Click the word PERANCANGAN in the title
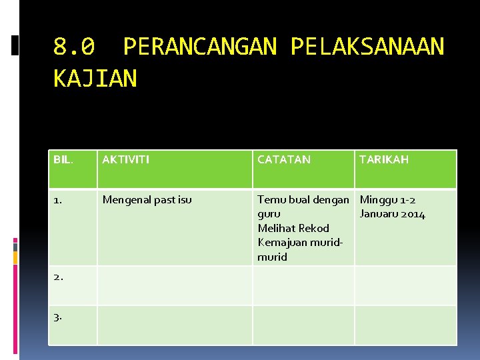(x=199, y=47)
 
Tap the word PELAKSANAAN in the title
(x=367, y=47)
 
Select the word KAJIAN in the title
(x=95, y=79)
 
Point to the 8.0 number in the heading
(x=74, y=47)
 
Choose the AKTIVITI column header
(x=125, y=159)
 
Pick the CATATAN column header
(x=284, y=159)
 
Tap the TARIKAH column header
(x=384, y=159)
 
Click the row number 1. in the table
(x=58, y=199)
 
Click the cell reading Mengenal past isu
(x=147, y=199)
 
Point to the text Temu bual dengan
(x=303, y=199)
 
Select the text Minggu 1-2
(x=388, y=199)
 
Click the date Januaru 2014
(x=392, y=214)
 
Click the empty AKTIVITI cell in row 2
(x=175, y=285)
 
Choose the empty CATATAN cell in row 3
(x=303, y=325)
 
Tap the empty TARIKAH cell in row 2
(x=405, y=285)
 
